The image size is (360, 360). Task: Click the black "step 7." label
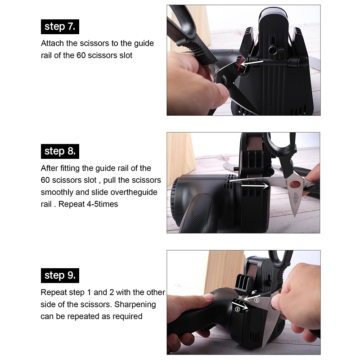(x=60, y=27)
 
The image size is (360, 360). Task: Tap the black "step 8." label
(x=60, y=151)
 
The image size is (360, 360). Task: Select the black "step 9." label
(x=60, y=275)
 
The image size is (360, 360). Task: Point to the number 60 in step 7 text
(x=81, y=55)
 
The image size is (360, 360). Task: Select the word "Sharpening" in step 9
(x=135, y=305)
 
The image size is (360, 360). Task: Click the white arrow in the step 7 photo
(x=252, y=63)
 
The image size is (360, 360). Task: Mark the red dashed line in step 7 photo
(x=240, y=63)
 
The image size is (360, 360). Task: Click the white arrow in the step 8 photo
(x=255, y=185)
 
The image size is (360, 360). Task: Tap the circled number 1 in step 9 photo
(x=256, y=300)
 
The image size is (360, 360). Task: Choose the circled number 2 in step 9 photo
(x=238, y=309)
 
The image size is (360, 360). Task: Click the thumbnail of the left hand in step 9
(x=208, y=297)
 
